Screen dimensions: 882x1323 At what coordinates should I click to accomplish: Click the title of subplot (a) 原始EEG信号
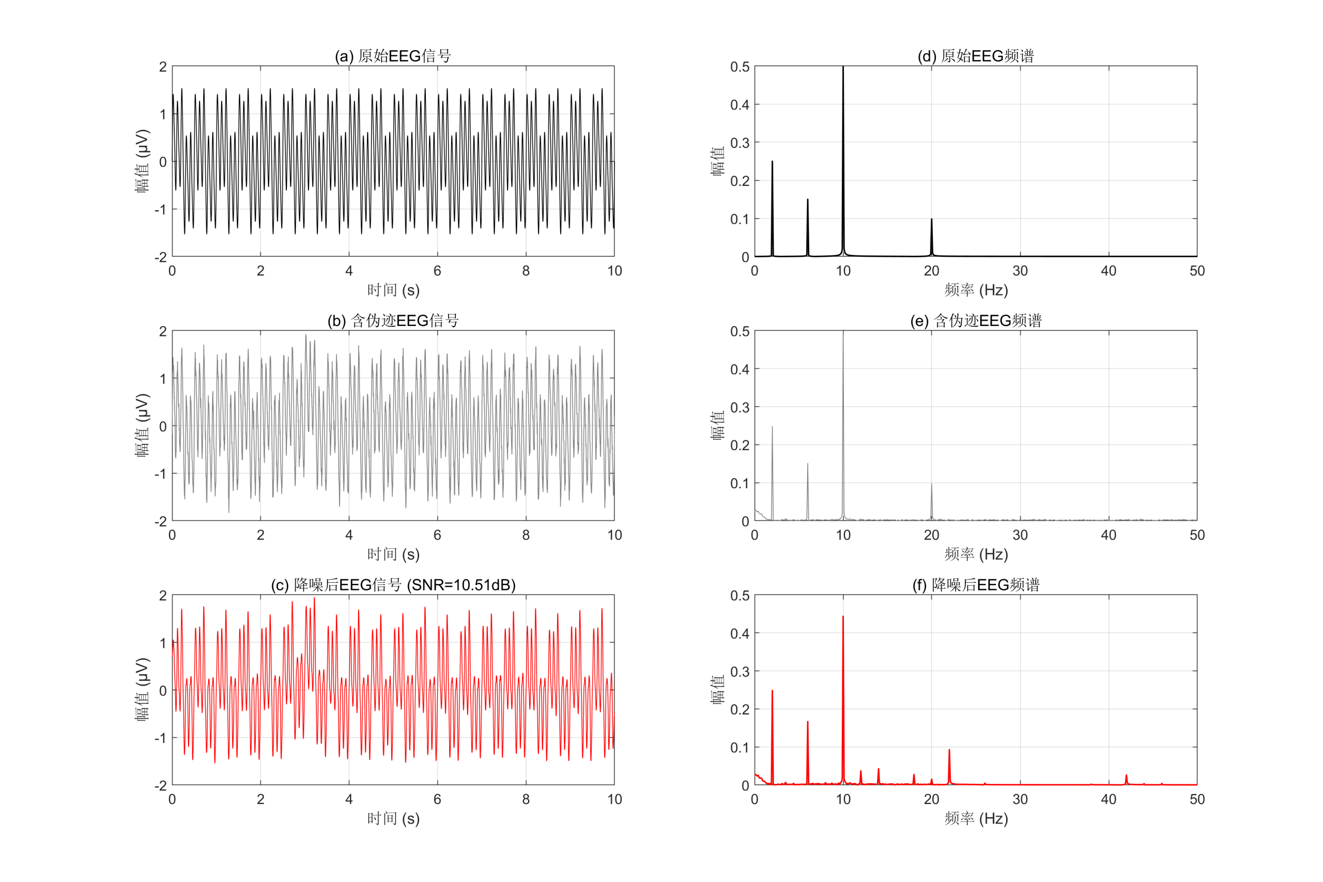click(393, 56)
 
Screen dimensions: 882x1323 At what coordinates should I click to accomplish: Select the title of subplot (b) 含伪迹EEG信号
click(393, 321)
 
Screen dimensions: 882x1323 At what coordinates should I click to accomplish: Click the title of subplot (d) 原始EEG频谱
click(975, 56)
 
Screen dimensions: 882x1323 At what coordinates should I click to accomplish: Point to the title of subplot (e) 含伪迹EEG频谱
click(975, 321)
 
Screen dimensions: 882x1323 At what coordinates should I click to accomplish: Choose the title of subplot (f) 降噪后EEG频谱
click(975, 585)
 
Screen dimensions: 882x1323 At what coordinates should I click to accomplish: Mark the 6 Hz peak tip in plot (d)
click(808, 199)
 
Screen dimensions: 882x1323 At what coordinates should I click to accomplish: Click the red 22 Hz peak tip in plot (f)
click(949, 750)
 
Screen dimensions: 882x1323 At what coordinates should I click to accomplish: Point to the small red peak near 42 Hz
click(1126, 776)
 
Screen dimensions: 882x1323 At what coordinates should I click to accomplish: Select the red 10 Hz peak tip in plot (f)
click(842, 616)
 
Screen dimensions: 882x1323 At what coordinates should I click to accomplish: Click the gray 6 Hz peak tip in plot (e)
click(808, 464)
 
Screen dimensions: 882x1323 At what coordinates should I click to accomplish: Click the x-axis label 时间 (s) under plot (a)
click(393, 290)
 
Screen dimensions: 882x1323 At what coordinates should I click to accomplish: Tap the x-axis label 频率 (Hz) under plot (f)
click(975, 818)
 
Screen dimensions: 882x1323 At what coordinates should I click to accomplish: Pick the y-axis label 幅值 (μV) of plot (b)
click(142, 425)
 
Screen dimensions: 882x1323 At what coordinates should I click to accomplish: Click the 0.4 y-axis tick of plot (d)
click(740, 104)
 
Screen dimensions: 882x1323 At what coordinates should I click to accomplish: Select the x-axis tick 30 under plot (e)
click(1020, 535)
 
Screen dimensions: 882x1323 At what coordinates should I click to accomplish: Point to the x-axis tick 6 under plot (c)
click(437, 799)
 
